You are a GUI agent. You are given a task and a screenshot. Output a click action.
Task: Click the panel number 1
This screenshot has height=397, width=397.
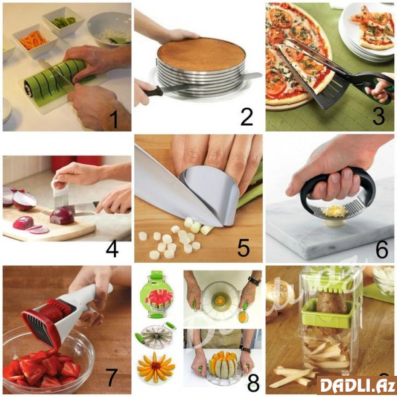(x=115, y=120)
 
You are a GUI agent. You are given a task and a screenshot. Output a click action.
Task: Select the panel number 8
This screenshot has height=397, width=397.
(x=253, y=382)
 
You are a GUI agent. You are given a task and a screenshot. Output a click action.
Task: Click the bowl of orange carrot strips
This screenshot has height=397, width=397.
(x=34, y=40)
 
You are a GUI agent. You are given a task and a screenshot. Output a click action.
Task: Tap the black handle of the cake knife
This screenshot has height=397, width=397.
(x=152, y=91)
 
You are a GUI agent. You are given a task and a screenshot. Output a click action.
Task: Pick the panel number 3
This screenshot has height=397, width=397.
(x=378, y=116)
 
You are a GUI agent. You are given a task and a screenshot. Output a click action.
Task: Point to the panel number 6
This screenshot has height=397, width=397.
(x=382, y=249)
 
